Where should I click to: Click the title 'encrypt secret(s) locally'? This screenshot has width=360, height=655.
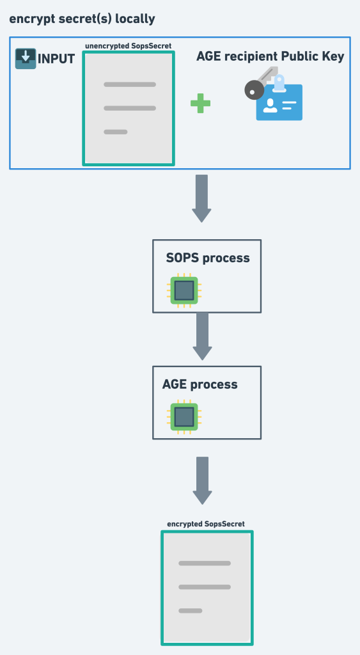pos(82,19)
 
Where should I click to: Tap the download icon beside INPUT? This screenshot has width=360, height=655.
pos(26,58)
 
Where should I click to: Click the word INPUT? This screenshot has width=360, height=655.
pos(57,59)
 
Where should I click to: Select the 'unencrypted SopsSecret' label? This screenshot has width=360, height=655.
pos(128,46)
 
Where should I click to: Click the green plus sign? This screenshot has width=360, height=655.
pos(201,104)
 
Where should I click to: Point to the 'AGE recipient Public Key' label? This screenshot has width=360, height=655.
pos(270,57)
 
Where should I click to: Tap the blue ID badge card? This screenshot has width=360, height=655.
pos(279,103)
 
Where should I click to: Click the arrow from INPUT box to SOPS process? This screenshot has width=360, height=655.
pos(201,198)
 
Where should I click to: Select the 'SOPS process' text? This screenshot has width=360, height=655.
pos(208,258)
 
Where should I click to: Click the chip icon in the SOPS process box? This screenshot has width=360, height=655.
pos(184,291)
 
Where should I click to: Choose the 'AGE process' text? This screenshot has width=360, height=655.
pos(200,384)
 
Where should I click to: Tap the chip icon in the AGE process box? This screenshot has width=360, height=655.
pos(184,417)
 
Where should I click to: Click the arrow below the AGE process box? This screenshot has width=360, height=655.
pos(201,480)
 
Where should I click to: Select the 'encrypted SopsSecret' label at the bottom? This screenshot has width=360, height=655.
pos(206,524)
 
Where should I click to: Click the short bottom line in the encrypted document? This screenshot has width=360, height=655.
pos(191,610)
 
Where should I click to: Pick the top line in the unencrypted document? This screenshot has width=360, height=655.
pos(130,84)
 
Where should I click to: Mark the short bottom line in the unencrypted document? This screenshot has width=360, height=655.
pos(116,132)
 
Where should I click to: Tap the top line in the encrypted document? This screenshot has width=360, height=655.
pos(205,564)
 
